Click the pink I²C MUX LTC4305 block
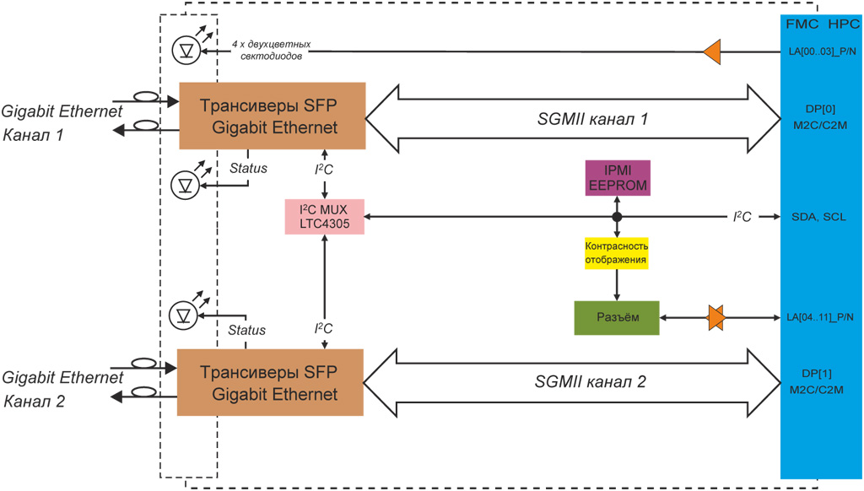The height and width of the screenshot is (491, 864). [x=324, y=217]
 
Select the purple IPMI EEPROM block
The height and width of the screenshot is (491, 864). [x=616, y=177]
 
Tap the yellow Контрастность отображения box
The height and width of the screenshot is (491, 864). [x=616, y=252]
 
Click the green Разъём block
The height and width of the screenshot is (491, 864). [x=616, y=318]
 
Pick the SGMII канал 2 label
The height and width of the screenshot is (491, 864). [x=591, y=382]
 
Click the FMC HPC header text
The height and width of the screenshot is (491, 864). [x=821, y=23]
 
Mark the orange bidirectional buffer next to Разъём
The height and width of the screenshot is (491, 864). [x=715, y=318]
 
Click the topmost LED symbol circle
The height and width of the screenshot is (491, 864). [x=184, y=51]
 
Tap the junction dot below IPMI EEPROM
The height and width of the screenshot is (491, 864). [x=617, y=217]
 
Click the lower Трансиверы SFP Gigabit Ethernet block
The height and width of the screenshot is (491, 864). [x=270, y=382]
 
